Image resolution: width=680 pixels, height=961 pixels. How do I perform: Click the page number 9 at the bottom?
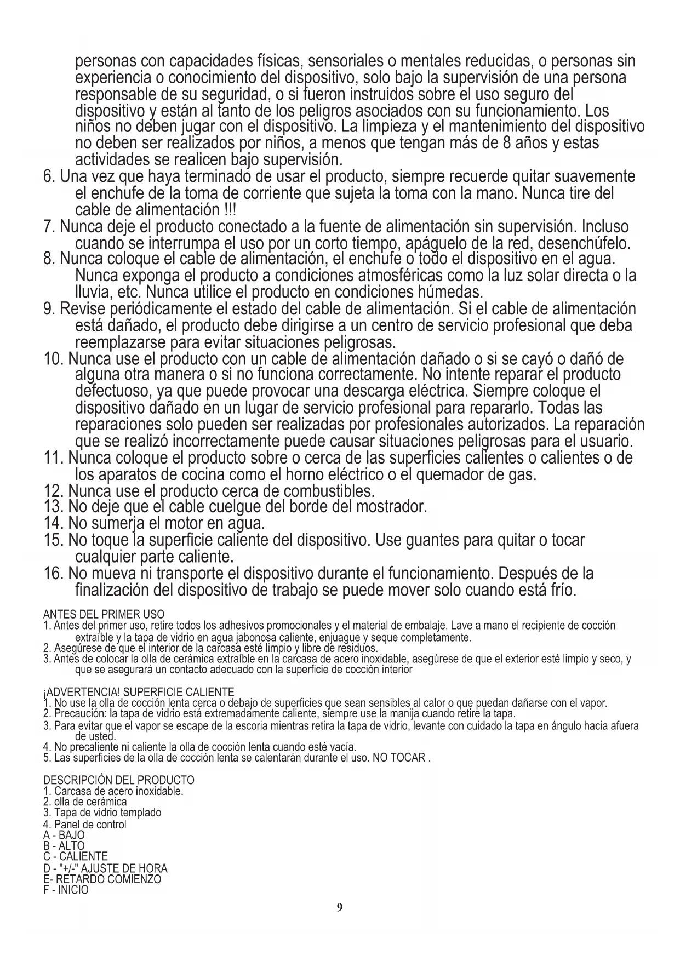[x=340, y=908]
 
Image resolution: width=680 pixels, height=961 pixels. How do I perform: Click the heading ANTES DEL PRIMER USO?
[x=104, y=614]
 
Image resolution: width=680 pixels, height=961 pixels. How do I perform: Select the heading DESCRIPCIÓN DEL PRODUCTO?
[x=118, y=780]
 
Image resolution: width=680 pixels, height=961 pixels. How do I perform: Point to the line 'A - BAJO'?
[x=64, y=836]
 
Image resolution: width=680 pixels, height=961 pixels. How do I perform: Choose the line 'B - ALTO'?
[x=64, y=846]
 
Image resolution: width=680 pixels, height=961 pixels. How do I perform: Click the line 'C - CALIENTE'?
[x=75, y=856]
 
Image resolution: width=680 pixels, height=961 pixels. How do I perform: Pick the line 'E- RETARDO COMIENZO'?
[x=102, y=879]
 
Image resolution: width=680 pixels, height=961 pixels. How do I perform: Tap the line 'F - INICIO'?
[x=65, y=890]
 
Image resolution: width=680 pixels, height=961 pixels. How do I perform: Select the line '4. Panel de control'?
[x=84, y=824]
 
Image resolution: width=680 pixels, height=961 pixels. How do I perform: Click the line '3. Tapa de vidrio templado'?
[x=102, y=813]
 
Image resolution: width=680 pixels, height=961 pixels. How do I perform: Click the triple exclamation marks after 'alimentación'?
[x=230, y=210]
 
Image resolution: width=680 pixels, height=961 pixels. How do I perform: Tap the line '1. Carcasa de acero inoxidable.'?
[x=113, y=791]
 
